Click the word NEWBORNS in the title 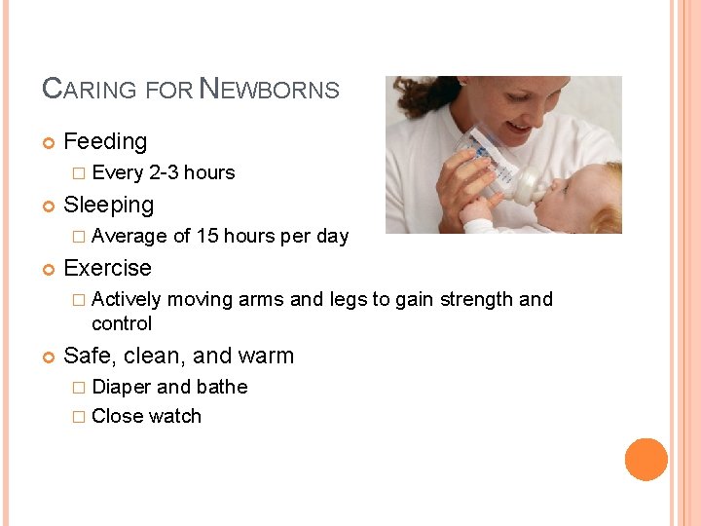(x=270, y=90)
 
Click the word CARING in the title (x=90, y=90)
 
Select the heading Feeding (x=105, y=142)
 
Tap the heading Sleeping (x=108, y=206)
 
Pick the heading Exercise (x=107, y=268)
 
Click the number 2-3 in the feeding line (x=165, y=173)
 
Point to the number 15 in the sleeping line (x=207, y=237)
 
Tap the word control (x=122, y=323)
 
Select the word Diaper (x=122, y=387)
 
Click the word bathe (x=222, y=387)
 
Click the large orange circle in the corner (x=646, y=460)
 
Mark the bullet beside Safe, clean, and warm (x=49, y=357)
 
